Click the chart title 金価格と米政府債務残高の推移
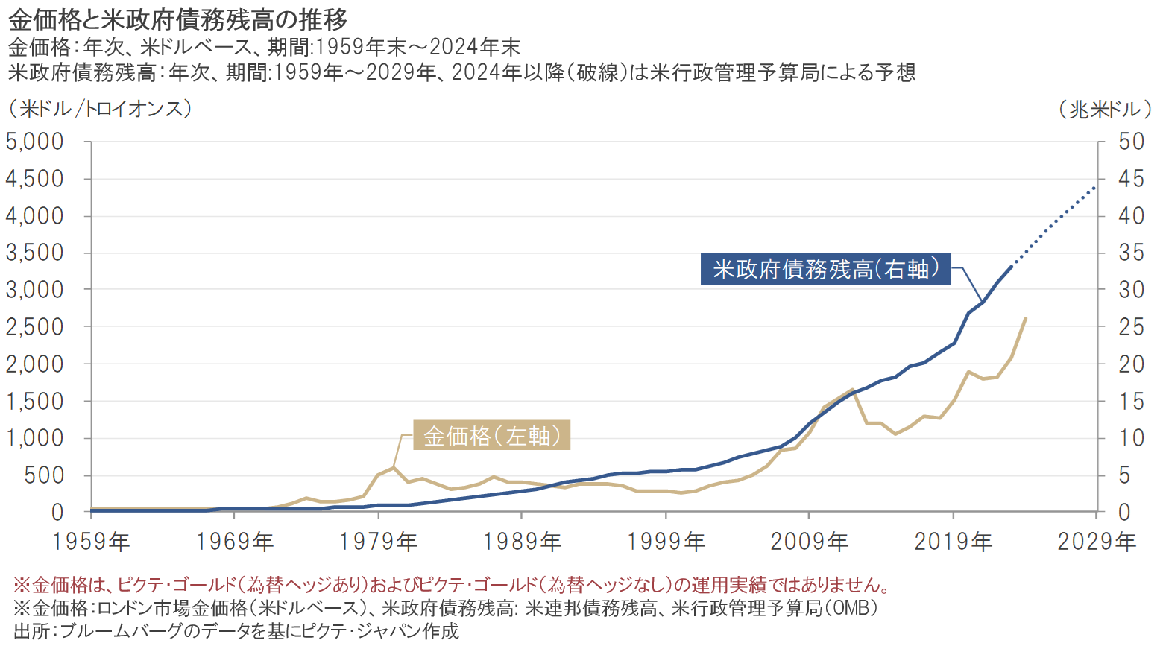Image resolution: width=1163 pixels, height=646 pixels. click(177, 19)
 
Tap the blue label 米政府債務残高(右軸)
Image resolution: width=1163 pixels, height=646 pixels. click(826, 269)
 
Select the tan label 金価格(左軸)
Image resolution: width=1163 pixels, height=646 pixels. click(492, 435)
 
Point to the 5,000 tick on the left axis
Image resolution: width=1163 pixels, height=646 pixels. click(35, 142)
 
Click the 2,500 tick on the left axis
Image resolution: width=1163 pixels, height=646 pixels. click(35, 327)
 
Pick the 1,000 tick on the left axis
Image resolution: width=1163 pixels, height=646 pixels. click(35, 438)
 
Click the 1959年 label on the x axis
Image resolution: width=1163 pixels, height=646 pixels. click(91, 542)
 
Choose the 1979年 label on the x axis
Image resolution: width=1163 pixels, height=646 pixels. click(378, 542)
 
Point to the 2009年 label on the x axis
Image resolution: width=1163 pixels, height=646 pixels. click(809, 542)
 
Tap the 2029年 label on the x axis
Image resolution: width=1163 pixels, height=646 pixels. click(1097, 542)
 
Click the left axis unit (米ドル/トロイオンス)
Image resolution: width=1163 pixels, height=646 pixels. click(100, 110)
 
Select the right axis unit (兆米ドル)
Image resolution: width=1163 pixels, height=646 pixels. click(1105, 110)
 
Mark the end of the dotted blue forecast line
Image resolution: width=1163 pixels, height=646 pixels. click(1096, 186)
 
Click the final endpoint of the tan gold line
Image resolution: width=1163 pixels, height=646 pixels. click(1025, 318)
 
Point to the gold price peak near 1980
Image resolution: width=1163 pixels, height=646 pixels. click(393, 467)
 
